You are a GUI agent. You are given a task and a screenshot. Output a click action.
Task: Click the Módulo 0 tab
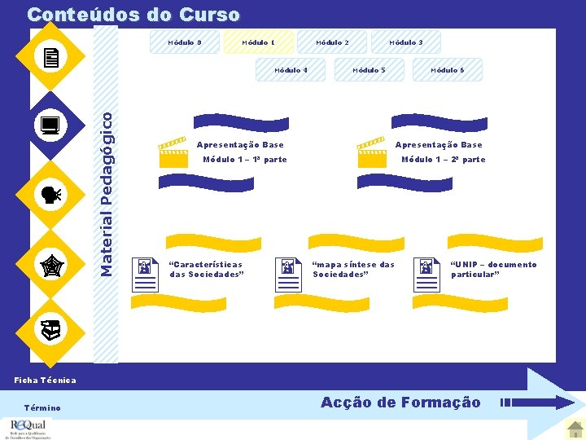point(185,42)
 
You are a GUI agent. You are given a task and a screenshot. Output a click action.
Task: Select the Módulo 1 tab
point(258,42)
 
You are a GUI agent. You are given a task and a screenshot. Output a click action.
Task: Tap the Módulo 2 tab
point(332,42)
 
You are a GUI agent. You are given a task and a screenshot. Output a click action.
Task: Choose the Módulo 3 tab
point(405,42)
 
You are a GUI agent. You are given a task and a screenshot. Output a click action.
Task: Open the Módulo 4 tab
point(291,70)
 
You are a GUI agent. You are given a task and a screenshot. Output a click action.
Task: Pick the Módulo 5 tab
point(369,70)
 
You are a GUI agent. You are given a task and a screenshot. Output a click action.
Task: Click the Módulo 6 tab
point(448,70)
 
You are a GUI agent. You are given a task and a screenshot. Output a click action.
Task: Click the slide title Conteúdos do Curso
point(133,15)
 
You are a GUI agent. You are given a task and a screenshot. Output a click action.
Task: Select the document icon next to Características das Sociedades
point(145,274)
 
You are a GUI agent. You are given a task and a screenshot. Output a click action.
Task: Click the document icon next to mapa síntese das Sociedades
point(288,274)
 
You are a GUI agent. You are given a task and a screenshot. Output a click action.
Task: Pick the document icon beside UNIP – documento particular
point(426,274)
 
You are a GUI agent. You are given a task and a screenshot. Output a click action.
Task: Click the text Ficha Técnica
point(46,380)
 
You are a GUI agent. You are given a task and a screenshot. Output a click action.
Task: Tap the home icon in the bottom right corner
point(575,427)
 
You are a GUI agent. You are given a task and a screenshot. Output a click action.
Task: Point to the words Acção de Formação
point(400,403)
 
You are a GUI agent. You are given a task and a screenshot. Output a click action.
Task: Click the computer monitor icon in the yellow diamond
point(50,125)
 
